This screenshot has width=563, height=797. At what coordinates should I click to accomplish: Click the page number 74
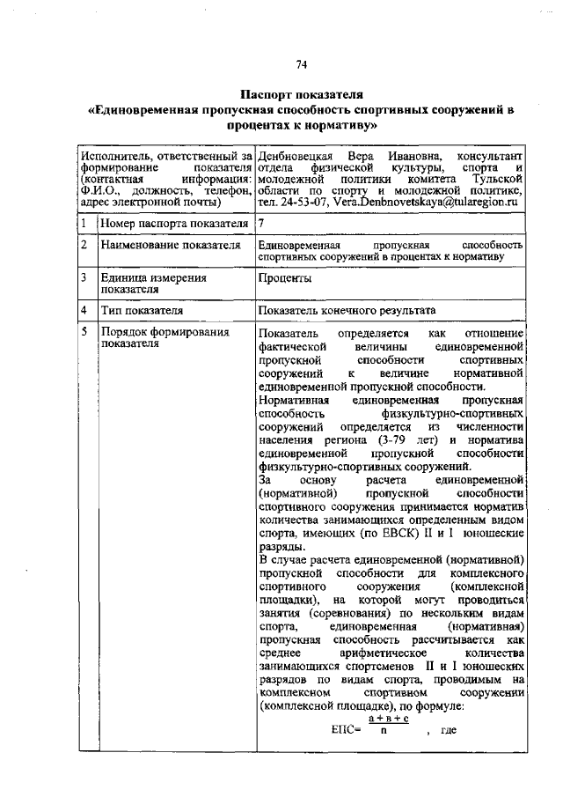pyautogui.click(x=302, y=63)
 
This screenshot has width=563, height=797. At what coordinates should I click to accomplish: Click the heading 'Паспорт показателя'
pyautogui.click(x=302, y=94)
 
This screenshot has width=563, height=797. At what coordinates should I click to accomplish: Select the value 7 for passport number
pyautogui.click(x=261, y=223)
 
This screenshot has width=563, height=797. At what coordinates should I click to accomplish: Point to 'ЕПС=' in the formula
pyautogui.click(x=347, y=731)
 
